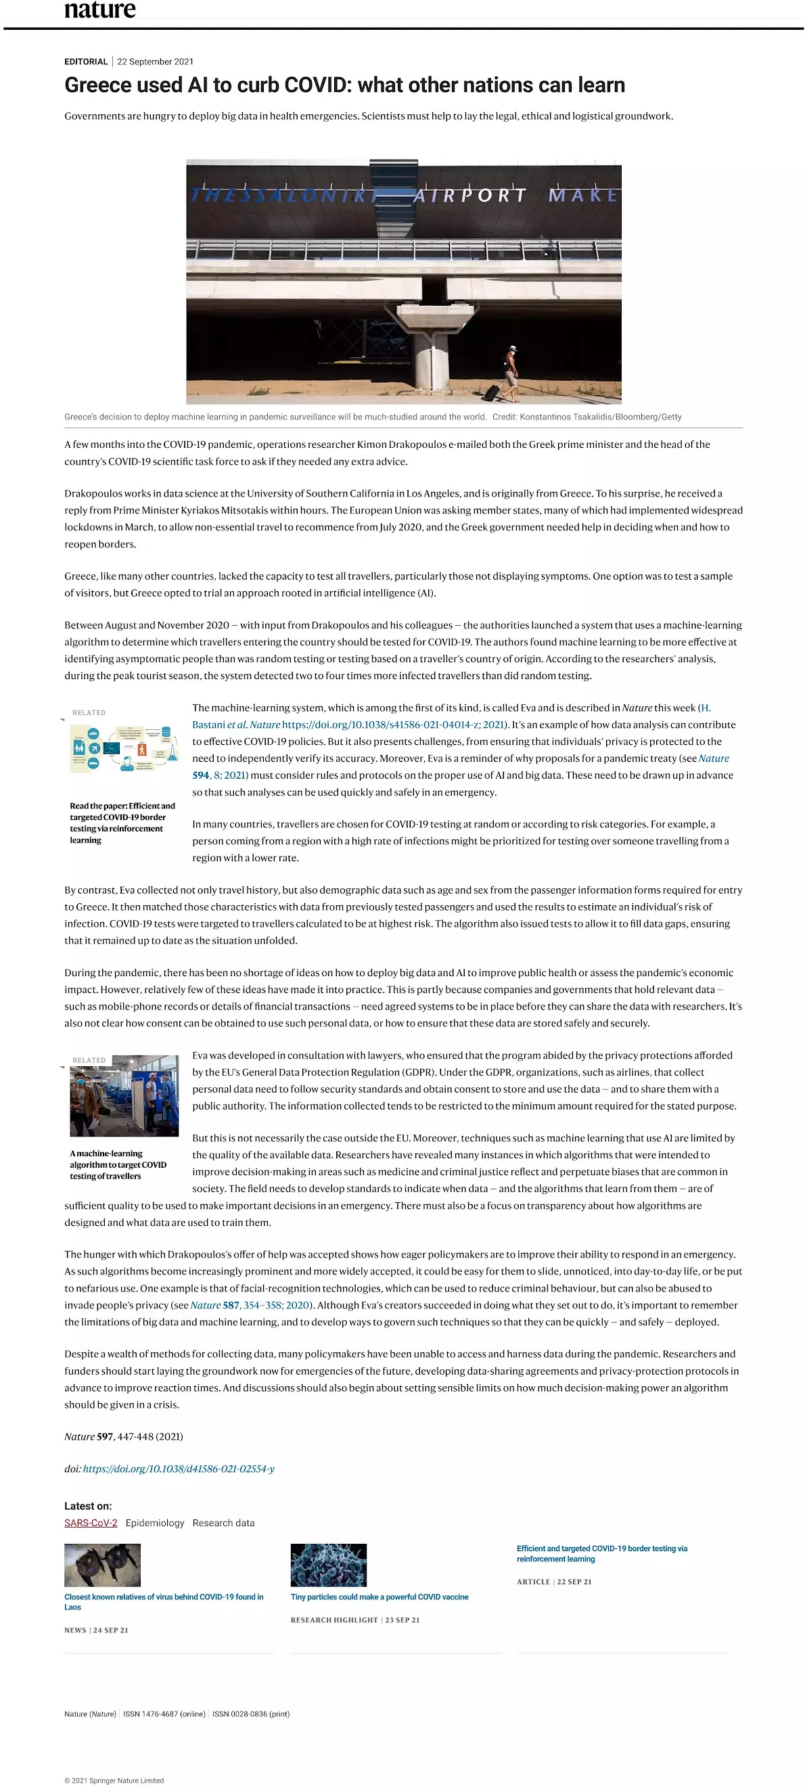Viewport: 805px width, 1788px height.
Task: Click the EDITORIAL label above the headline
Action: click(x=86, y=62)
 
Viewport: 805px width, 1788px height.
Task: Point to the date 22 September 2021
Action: click(x=156, y=62)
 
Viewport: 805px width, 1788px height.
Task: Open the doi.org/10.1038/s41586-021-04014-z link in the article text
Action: click(x=392, y=725)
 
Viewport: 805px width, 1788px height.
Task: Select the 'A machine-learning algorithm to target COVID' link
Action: click(x=118, y=1165)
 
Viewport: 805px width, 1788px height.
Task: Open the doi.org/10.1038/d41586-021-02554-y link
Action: click(x=179, y=1469)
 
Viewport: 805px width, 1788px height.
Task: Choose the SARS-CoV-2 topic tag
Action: click(x=90, y=1523)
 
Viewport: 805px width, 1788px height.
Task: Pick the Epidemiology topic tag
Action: click(x=155, y=1523)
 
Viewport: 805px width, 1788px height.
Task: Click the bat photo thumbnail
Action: click(x=102, y=1565)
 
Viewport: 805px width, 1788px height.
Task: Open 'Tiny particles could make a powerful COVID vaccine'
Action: click(x=379, y=1597)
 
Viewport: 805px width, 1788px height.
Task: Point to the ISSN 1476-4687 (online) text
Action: click(x=164, y=1714)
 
